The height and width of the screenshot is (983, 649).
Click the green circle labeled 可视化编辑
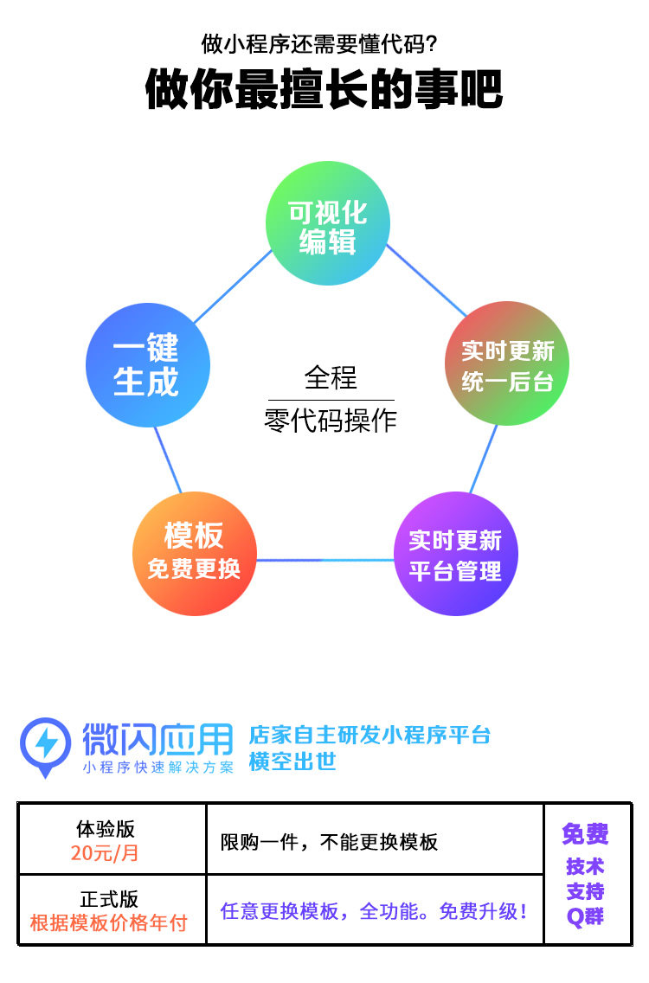327,224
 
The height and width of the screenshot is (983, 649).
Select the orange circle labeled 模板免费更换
195,553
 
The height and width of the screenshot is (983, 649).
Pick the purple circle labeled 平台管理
455,554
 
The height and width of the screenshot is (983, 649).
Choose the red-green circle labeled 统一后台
507,363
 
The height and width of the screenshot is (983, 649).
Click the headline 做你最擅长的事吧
324,89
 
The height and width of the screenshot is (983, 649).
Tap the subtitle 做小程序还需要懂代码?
324,43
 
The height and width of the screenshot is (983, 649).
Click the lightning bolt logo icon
46,742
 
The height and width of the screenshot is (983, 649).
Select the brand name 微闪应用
157,738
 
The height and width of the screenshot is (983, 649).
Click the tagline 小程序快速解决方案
157,768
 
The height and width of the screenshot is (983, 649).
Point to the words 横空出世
292,761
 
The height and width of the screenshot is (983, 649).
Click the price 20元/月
105,853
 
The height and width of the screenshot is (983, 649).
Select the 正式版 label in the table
109,899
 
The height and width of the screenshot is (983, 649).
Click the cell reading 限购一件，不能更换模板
329,842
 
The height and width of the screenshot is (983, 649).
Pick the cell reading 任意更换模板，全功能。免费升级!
374,911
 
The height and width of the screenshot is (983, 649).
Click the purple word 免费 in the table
585,834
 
